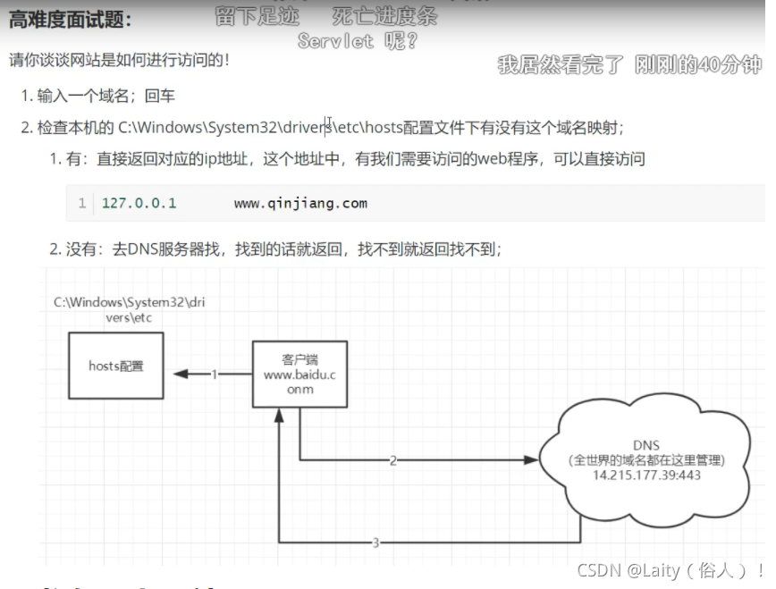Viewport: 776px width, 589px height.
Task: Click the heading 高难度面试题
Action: coord(71,19)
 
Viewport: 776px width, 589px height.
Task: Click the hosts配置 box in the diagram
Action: coord(116,365)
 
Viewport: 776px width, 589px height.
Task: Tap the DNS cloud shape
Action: coord(646,459)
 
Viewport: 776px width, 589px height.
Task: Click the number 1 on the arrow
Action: coord(215,374)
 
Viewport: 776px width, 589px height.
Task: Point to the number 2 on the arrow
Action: coord(392,461)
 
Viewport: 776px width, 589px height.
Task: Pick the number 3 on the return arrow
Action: coord(375,542)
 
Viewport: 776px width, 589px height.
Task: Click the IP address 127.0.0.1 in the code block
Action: coord(139,203)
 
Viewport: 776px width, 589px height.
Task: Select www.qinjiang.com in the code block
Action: coord(300,203)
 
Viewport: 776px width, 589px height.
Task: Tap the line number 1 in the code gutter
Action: coord(82,203)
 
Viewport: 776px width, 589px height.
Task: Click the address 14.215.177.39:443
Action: coord(646,475)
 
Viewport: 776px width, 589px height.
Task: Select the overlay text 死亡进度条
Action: coord(384,16)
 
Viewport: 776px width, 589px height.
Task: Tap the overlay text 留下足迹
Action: coord(257,16)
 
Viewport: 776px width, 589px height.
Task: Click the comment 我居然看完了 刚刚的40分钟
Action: coord(629,64)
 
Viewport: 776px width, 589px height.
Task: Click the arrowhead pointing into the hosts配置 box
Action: coord(180,374)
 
